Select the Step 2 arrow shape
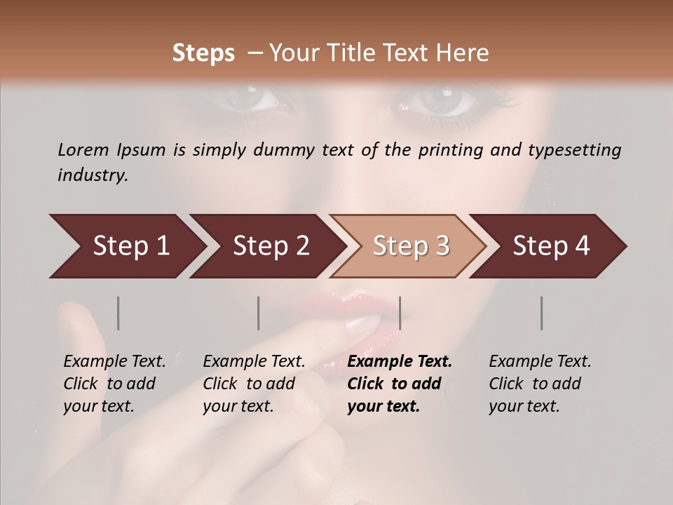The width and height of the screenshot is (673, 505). coord(266,246)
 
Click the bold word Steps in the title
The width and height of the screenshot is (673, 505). coord(203,53)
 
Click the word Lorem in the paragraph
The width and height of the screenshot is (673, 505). coord(83,149)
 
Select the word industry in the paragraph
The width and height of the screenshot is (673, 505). coord(91,175)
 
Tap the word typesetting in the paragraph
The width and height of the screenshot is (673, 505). coord(571,149)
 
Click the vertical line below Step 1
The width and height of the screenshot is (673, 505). coord(118,313)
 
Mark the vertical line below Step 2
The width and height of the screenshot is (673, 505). coord(259,313)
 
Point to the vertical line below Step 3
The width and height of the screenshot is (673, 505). coord(400,313)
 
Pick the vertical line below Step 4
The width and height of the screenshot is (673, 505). coord(541,313)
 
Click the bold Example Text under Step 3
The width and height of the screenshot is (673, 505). coord(400,362)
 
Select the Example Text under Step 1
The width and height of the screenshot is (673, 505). coord(114,362)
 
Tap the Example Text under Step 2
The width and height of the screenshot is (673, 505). coord(254,362)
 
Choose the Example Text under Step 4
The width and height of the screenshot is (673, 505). coord(540,362)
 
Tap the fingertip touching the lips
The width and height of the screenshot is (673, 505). coord(365,324)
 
